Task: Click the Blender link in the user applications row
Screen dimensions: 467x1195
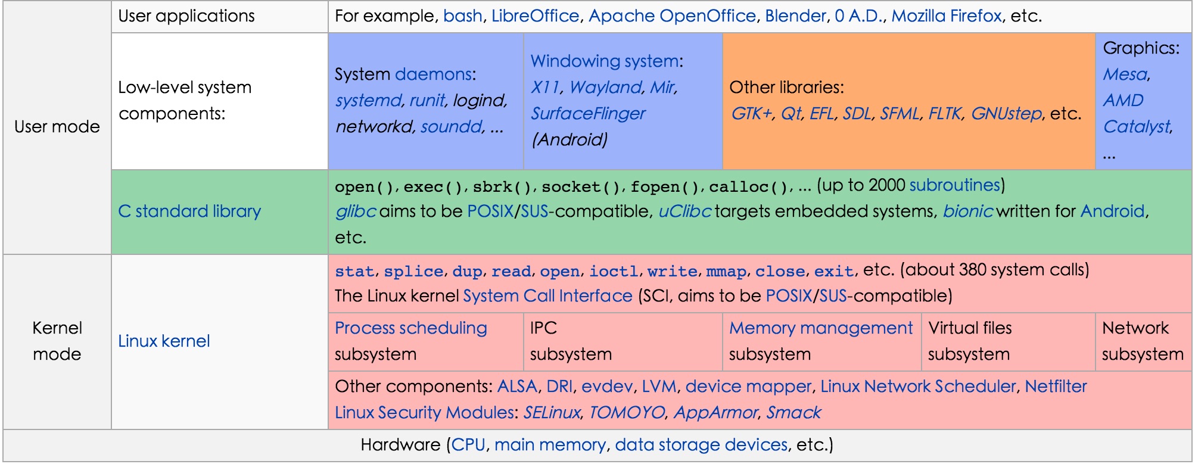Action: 795,16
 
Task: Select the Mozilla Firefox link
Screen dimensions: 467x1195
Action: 946,16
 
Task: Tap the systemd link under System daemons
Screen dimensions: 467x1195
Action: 368,100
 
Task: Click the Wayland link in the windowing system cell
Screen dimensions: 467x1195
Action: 605,88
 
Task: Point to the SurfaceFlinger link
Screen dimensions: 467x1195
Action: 587,114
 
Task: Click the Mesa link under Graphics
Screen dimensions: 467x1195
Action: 1125,74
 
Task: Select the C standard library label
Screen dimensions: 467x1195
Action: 189,211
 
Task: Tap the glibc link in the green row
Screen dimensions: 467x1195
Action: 355,211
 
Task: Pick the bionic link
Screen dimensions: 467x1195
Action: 967,211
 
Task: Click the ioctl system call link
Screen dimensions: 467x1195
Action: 613,272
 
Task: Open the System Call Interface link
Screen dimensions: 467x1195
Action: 547,296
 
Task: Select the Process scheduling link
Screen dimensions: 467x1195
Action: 410,328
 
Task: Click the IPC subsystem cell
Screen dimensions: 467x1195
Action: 622,341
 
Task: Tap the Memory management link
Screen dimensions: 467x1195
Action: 820,328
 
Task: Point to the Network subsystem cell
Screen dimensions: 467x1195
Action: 1142,341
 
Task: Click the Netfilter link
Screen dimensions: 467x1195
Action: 1056,387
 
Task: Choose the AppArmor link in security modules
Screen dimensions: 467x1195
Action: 715,413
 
